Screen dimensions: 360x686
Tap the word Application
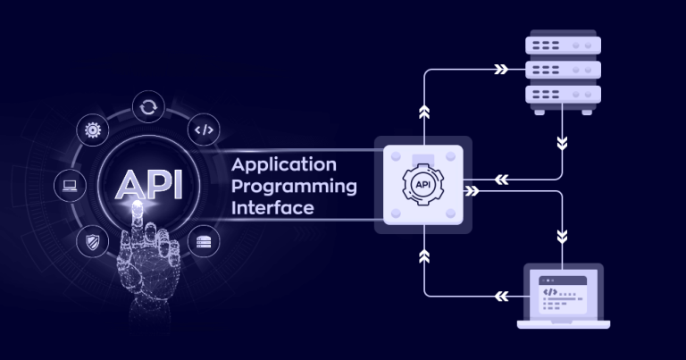point(284,164)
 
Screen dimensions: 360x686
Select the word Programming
point(294,187)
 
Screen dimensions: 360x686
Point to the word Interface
point(272,208)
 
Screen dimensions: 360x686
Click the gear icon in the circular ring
point(93,130)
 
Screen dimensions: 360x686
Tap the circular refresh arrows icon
point(147,107)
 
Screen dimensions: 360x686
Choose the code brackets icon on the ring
point(205,130)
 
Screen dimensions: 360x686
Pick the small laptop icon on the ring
point(70,186)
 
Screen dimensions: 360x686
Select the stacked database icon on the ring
point(205,240)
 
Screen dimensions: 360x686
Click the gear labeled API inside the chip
point(422,185)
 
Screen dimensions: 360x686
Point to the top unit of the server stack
point(563,45)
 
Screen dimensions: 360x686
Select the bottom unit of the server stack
point(563,93)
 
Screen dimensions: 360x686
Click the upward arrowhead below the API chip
point(423,258)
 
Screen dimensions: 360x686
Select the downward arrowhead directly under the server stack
point(562,142)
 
